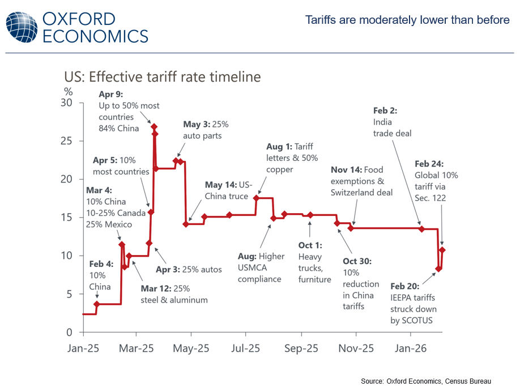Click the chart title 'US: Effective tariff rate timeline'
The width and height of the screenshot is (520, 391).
pos(163,77)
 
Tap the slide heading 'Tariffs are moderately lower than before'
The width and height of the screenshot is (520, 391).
pos(407,20)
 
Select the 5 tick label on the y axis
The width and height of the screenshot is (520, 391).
pos(70,294)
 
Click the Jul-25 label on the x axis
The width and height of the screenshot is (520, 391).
pos(246,348)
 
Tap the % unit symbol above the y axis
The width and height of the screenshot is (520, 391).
pos(68,91)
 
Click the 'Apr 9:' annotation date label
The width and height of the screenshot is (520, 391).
pos(110,95)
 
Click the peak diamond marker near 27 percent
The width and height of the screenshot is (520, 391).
pos(154,127)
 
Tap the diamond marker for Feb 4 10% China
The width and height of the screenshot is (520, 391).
pos(97,304)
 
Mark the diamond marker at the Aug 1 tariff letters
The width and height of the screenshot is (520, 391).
pos(256,198)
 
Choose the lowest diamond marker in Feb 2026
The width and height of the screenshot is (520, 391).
pos(438,269)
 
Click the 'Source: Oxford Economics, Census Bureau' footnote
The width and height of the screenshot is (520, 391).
pos(425,380)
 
